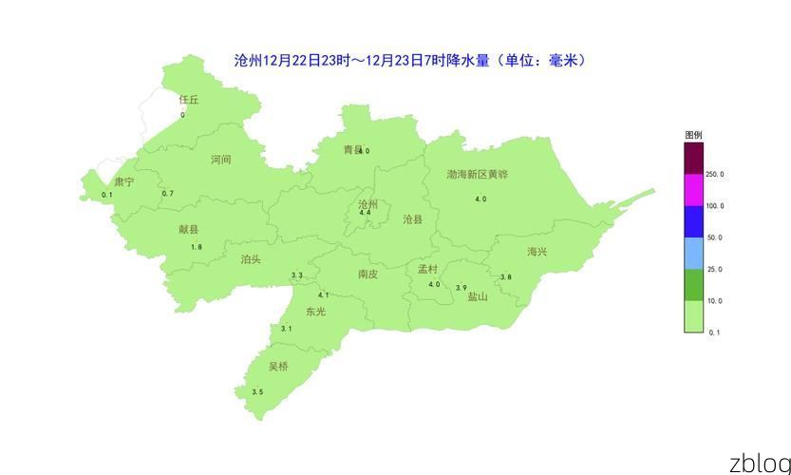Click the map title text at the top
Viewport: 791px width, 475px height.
click(409, 61)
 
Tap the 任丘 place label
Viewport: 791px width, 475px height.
click(189, 100)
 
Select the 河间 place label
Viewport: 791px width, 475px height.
click(220, 160)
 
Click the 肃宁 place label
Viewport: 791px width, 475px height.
click(124, 181)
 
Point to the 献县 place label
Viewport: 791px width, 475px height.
click(189, 230)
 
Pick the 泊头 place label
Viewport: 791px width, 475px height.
click(251, 259)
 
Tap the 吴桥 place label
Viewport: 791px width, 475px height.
click(277, 367)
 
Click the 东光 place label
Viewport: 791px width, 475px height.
click(315, 312)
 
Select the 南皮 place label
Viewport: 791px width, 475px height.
click(367, 275)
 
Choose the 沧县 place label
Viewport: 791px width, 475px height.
click(413, 219)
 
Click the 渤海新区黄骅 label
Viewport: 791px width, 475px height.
click(478, 175)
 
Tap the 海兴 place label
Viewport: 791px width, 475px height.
click(537, 252)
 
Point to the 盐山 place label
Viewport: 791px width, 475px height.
click(477, 296)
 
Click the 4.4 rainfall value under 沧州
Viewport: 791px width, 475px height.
click(365, 213)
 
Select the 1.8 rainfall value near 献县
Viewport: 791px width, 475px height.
click(197, 247)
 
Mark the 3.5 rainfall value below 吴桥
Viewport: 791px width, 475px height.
click(257, 392)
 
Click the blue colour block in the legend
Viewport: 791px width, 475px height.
click(693, 221)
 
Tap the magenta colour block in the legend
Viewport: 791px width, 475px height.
click(693, 190)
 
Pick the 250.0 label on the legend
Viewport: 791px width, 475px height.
click(715, 175)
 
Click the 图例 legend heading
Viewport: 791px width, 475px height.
click(693, 136)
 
